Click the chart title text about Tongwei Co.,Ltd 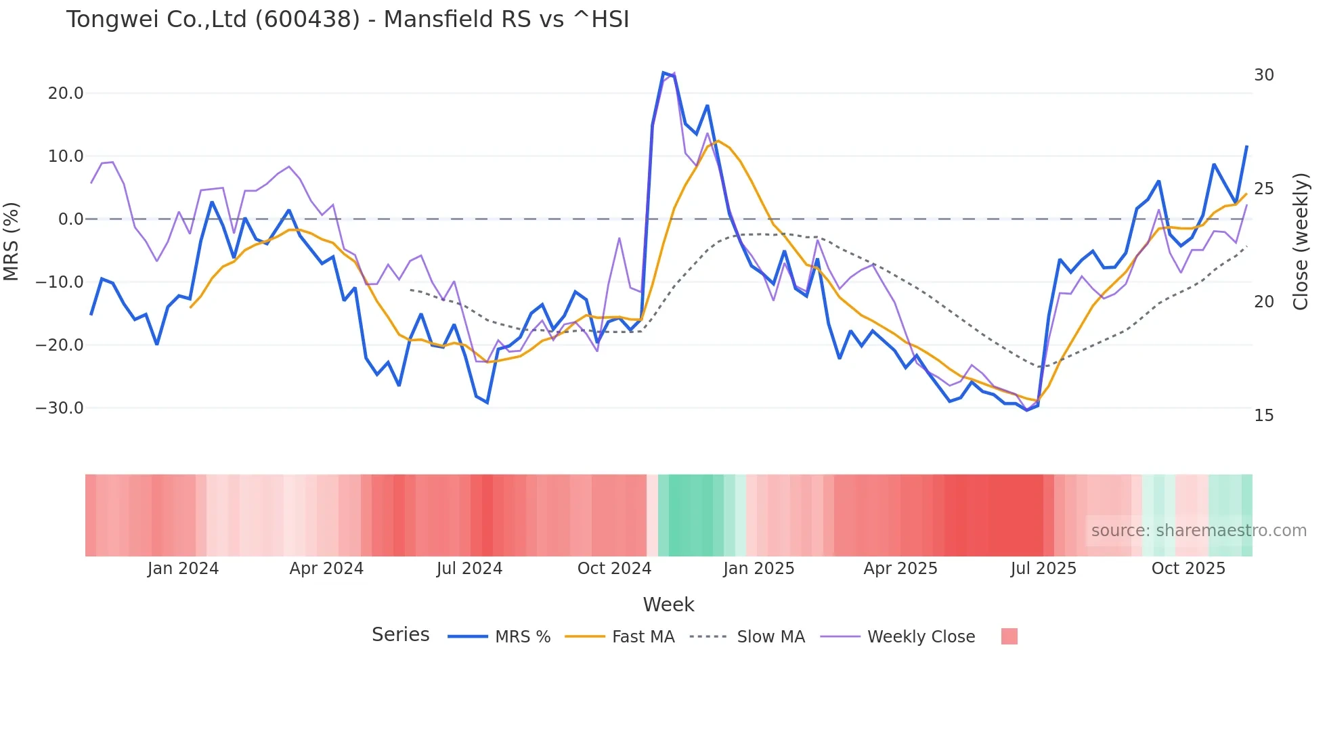click(347, 20)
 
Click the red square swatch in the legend click(1009, 636)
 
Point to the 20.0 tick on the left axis click(66, 93)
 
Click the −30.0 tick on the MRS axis click(60, 408)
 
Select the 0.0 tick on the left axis click(70, 219)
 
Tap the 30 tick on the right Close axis click(1263, 75)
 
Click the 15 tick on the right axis click(1263, 416)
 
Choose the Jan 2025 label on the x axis click(758, 569)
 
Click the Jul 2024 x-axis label click(469, 569)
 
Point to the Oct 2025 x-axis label click(1188, 569)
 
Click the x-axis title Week click(668, 605)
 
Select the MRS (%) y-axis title click(12, 242)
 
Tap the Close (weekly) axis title click(1301, 242)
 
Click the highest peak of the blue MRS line click(664, 72)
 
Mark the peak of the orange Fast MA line click(718, 141)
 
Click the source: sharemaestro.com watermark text click(1198, 531)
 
